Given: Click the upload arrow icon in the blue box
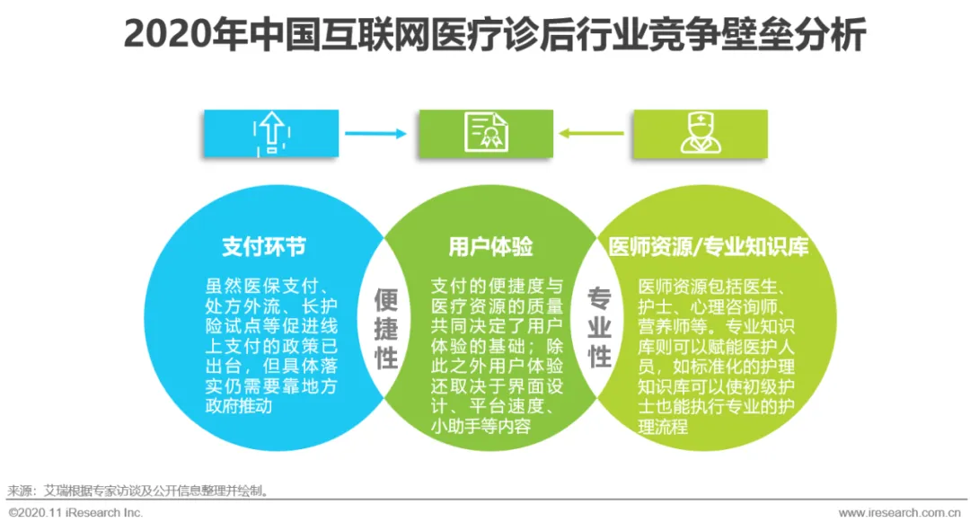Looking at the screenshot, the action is coord(270,133).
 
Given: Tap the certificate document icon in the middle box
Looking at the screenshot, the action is coord(485,133).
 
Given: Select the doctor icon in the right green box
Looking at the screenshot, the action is coord(700,133).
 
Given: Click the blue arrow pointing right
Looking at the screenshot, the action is coord(375,134).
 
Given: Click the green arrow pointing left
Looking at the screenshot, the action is coord(593,134).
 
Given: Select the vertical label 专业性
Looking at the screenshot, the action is coord(600,327).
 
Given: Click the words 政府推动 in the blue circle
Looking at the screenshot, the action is coord(239,407).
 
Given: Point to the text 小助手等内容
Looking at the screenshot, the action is coord(480,427).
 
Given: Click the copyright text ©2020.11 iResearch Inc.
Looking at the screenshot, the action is coord(75,513).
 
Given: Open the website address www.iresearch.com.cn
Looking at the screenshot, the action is coord(899,513).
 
